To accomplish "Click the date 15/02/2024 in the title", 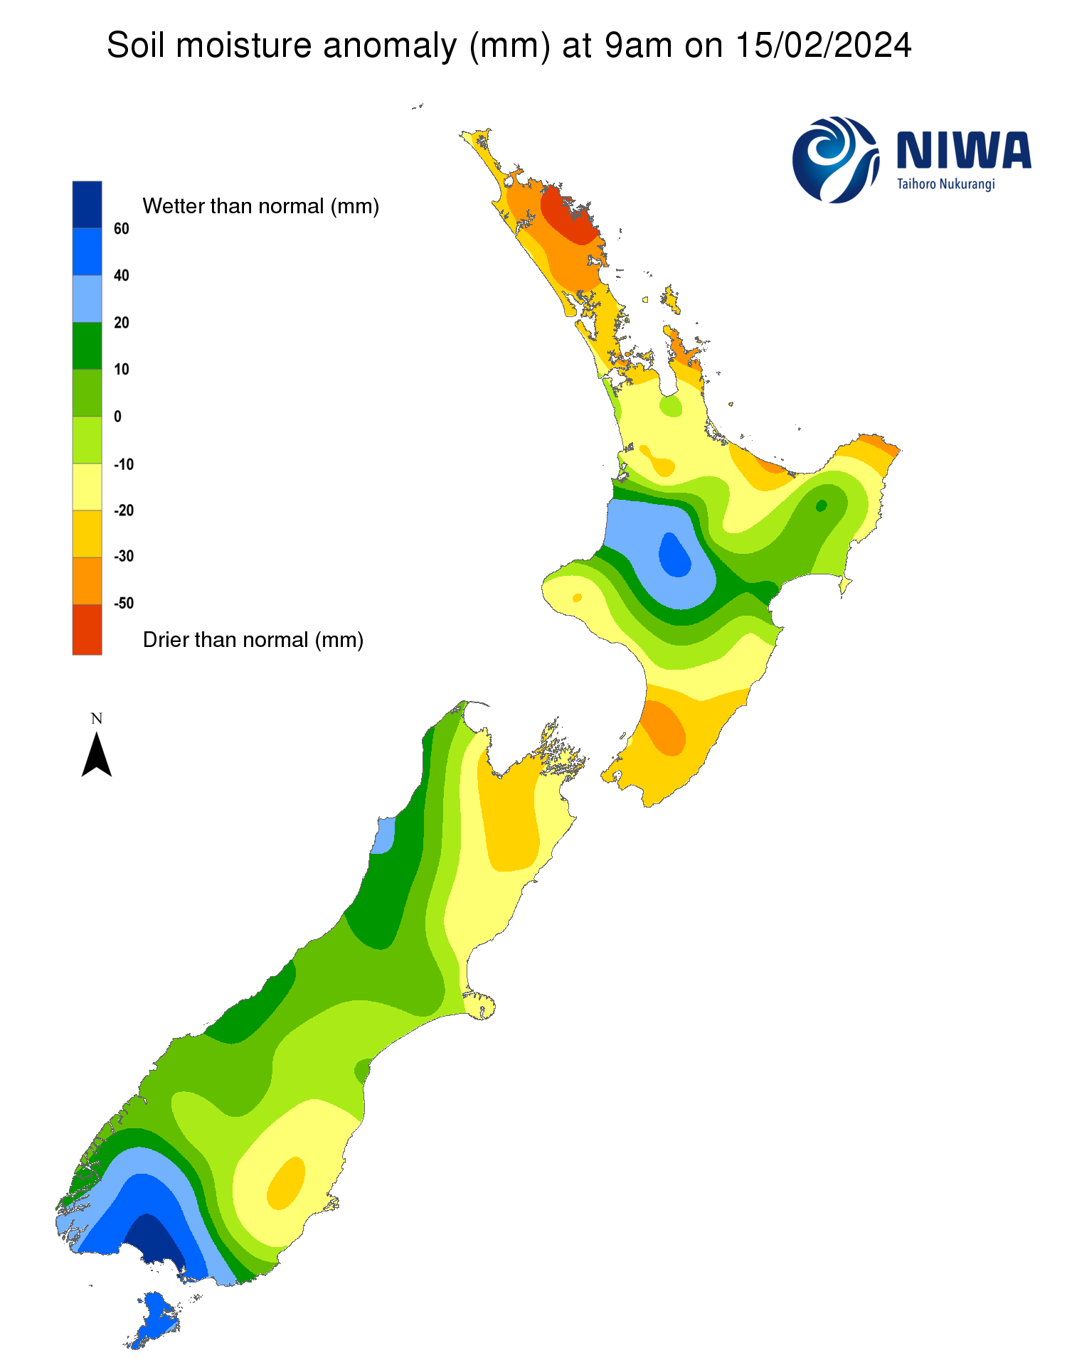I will tap(823, 46).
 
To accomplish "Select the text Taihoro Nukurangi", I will tap(945, 185).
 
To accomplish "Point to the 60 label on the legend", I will tap(122, 229).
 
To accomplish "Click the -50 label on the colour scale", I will tap(124, 604).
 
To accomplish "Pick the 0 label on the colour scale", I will tap(118, 417).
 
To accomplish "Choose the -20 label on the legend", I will tap(124, 510).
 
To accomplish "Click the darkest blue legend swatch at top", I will tap(87, 204).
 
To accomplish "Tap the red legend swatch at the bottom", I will tap(87, 629).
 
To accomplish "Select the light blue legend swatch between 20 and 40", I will tap(87, 299).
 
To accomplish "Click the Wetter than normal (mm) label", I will tap(260, 206).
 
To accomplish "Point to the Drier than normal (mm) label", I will tap(253, 640).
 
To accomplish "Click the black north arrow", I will tap(97, 755).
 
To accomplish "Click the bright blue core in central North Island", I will tap(675, 555).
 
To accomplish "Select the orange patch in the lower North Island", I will tap(664, 727).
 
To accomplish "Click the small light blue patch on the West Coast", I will tap(383, 835).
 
